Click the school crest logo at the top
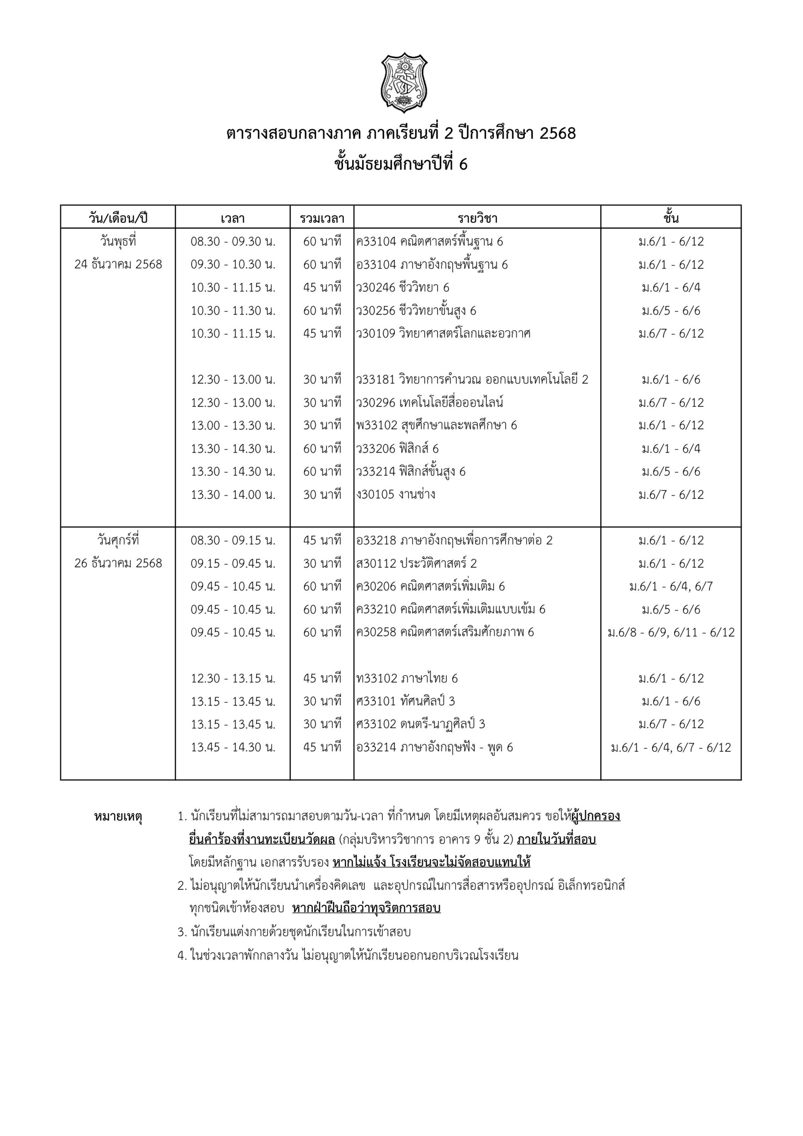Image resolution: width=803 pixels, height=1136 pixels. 404,83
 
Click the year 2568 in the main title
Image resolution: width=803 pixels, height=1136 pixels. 558,134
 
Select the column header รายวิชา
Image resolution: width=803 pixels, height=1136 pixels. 477,218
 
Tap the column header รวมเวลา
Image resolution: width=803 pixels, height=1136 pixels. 322,218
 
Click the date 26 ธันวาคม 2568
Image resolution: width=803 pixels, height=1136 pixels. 118,563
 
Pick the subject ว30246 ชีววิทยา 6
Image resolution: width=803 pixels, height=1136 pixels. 403,288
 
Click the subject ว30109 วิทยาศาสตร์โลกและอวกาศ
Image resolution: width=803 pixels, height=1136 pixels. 443,333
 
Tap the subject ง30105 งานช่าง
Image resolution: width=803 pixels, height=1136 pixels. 396,494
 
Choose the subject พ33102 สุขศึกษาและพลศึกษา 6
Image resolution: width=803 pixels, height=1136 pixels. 437,425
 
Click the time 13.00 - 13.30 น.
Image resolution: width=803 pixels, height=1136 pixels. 233,425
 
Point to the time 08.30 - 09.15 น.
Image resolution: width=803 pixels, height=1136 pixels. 233,540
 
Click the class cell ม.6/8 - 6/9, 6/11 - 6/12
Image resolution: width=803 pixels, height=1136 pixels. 671,632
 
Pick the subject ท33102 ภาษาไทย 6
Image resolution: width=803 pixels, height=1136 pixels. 407,678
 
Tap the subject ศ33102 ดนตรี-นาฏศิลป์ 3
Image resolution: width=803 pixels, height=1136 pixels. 421,724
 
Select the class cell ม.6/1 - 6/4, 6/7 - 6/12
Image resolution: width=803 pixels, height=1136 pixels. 671,747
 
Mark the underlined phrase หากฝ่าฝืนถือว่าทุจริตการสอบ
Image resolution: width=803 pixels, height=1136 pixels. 366,908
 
